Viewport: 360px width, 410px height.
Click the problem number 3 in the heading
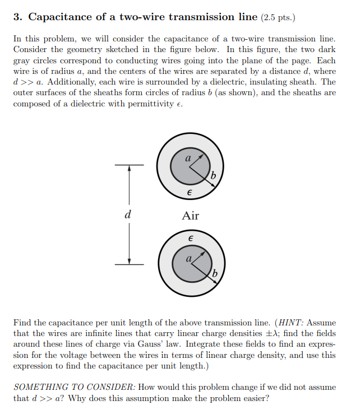click(x=17, y=17)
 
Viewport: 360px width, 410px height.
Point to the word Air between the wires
click(x=191, y=216)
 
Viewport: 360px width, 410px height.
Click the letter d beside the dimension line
click(x=128, y=214)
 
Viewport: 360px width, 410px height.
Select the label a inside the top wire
click(x=189, y=159)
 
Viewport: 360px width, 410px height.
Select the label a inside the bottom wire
click(x=189, y=258)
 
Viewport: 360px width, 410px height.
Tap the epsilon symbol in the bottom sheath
click(x=191, y=239)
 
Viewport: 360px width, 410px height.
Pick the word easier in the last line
click(x=251, y=398)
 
